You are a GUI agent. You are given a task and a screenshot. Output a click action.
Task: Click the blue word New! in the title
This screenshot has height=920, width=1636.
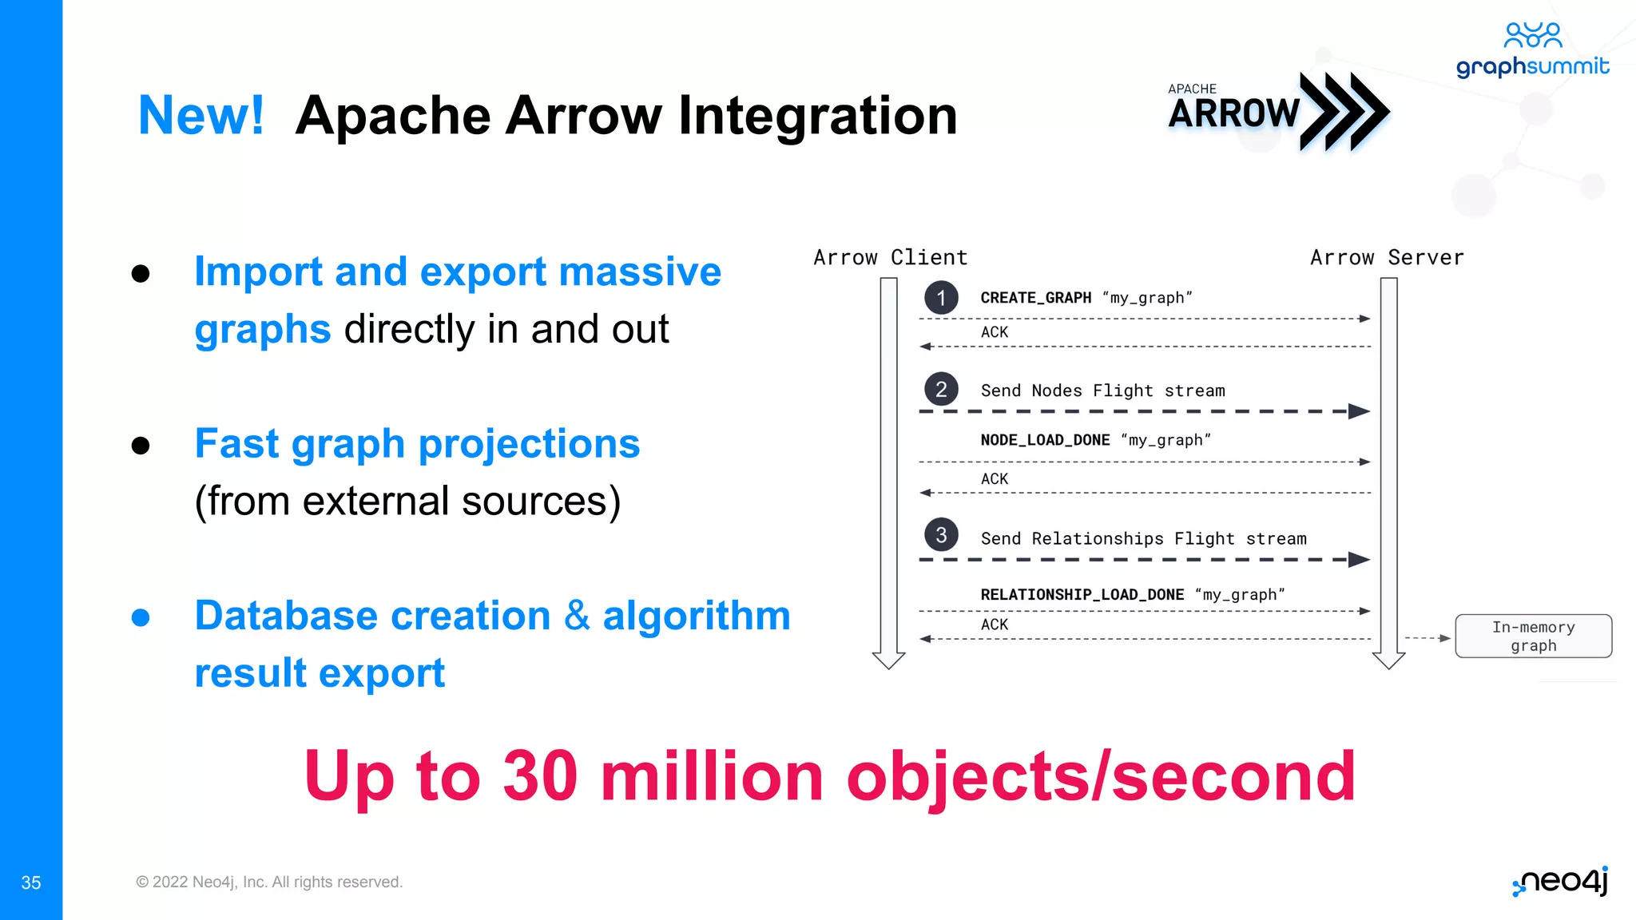pos(201,116)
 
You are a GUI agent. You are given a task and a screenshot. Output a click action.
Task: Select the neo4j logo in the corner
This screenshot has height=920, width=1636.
pos(1561,882)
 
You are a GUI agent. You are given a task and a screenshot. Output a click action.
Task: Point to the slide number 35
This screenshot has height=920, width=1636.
pos(31,882)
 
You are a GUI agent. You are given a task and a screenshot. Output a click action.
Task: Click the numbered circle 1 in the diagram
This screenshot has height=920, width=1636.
pos(941,298)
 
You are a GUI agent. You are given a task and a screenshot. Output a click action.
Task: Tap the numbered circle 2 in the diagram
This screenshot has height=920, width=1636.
pos(941,390)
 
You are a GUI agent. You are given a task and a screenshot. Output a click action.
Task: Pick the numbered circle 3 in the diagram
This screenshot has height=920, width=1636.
pos(941,535)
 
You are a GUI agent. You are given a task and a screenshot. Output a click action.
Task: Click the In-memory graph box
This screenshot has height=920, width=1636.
pos(1533,636)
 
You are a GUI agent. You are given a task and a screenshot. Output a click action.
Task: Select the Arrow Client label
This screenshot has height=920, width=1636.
pos(890,258)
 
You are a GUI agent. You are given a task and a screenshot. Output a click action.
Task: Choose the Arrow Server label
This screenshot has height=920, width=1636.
pos(1387,258)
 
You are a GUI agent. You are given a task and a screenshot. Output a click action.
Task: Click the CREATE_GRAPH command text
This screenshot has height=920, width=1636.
pos(1035,298)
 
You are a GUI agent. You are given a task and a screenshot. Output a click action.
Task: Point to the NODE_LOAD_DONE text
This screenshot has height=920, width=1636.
pos(1045,440)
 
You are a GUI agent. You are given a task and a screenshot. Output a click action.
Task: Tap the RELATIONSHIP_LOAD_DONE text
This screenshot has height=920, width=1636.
pos(1082,595)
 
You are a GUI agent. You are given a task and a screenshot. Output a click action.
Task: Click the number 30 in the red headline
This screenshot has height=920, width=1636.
pos(540,776)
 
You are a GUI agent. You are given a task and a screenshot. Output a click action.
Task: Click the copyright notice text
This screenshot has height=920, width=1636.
pos(269,882)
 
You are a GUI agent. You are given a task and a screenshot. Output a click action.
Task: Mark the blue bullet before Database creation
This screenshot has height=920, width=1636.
pos(141,617)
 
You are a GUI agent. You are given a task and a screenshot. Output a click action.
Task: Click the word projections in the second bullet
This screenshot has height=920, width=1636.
pos(529,444)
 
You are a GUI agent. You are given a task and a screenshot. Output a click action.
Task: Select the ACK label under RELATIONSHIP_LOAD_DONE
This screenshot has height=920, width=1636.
pos(995,625)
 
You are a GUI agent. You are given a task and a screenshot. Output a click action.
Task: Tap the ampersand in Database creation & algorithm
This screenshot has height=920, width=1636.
pos(577,617)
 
